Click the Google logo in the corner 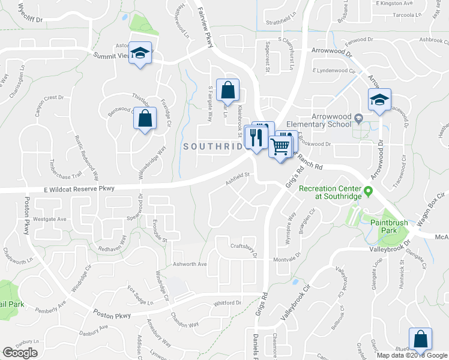(x=20, y=353)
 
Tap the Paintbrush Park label (x=388, y=227)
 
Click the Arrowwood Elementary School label (x=330, y=121)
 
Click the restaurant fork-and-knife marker (x=257, y=137)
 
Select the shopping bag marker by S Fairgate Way (x=228, y=91)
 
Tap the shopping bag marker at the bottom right (x=420, y=339)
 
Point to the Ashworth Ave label (x=189, y=264)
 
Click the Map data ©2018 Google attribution (x=412, y=355)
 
